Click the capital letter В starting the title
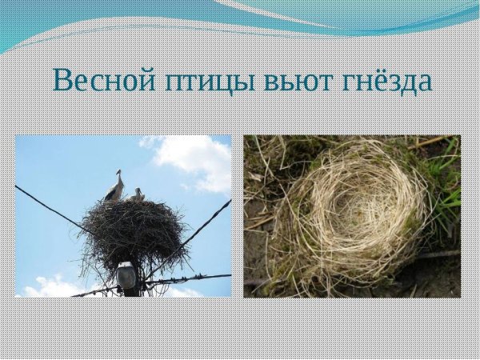tap(63, 80)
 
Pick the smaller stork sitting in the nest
tap(137, 194)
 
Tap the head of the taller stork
tap(118, 173)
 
